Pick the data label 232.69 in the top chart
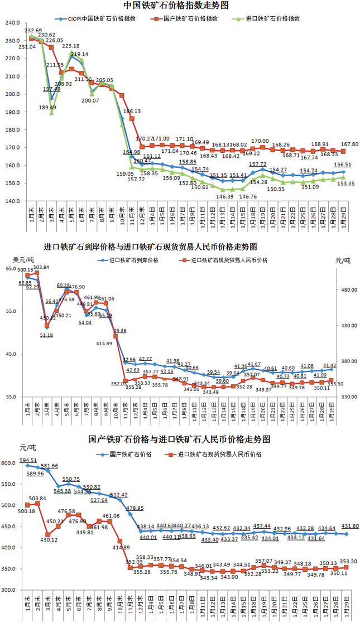(x=33, y=31)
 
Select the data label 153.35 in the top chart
(x=342, y=183)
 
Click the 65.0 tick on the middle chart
(x=11, y=269)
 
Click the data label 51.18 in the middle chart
(x=46, y=335)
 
